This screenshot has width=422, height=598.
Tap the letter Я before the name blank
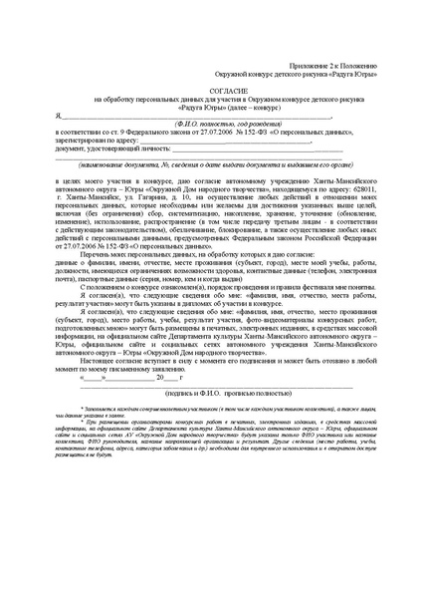57,116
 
